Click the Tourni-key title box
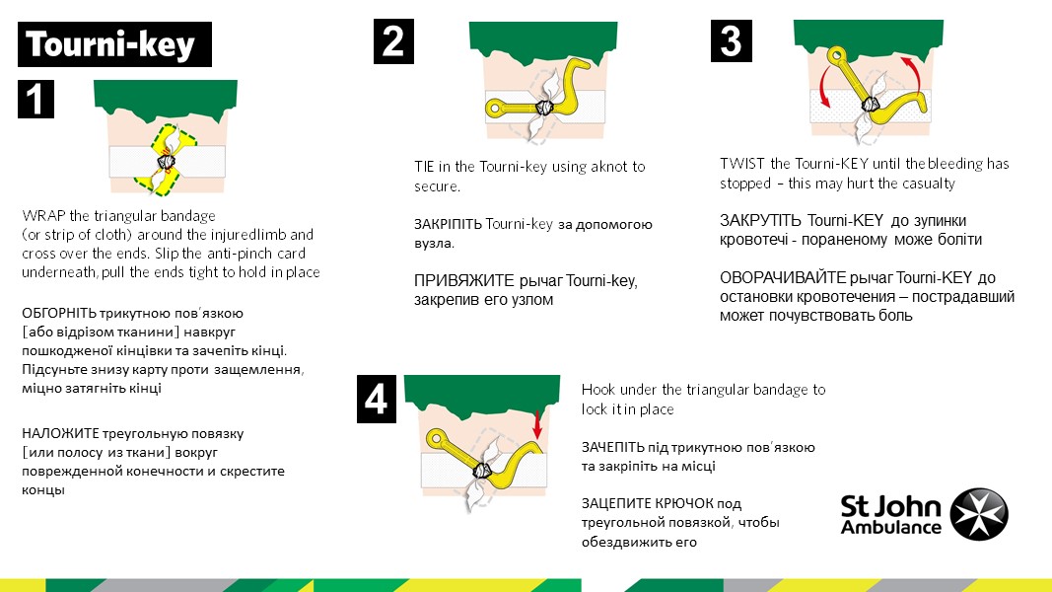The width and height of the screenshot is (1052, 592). click(x=114, y=44)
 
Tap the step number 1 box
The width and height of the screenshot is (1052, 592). click(x=35, y=100)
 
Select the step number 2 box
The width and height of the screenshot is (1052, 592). click(x=393, y=41)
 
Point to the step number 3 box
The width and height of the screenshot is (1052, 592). click(x=732, y=40)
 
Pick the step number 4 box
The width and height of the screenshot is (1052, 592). click(x=377, y=399)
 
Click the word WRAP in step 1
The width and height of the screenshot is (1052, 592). click(x=43, y=216)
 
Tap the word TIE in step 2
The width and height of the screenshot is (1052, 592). click(x=424, y=167)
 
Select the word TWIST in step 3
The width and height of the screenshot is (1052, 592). click(x=743, y=164)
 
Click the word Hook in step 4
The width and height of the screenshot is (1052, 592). click(x=597, y=390)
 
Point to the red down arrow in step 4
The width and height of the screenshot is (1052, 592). click(x=536, y=424)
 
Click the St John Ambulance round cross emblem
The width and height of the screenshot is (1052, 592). click(x=979, y=514)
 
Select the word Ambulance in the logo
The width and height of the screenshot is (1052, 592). click(x=891, y=528)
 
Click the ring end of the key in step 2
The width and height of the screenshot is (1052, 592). click(x=495, y=108)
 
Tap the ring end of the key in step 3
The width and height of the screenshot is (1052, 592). click(x=836, y=55)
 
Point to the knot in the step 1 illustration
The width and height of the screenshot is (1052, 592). click(x=166, y=162)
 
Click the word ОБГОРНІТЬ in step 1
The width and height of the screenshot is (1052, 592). click(x=59, y=314)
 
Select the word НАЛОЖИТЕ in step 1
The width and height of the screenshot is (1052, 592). click(x=60, y=433)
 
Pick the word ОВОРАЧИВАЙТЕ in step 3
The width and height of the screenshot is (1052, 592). click(x=783, y=278)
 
